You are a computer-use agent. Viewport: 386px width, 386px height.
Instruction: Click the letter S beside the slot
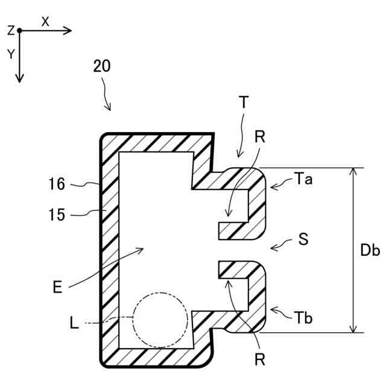(303, 239)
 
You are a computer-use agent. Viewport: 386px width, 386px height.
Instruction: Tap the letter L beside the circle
(74, 324)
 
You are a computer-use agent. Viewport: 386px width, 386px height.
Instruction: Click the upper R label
(259, 137)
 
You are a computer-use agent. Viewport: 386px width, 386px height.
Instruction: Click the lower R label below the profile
(260, 361)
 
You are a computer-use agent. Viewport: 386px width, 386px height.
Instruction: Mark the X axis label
(45, 21)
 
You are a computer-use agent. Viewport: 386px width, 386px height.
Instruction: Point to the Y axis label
(11, 54)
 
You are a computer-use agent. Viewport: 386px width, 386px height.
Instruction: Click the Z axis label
(10, 30)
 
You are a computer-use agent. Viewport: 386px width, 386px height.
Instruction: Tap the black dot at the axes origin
(19, 30)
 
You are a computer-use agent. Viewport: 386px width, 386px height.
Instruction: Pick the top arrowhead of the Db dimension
(354, 172)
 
